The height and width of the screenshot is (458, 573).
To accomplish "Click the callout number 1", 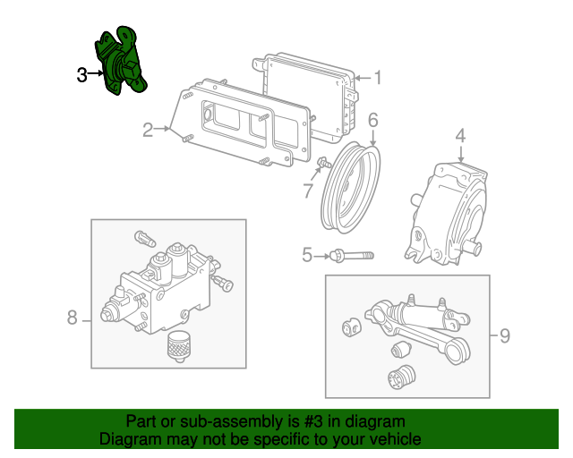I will click(x=378, y=78).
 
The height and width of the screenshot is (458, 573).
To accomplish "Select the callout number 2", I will click(x=148, y=131).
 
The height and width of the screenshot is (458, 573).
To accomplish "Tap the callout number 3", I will click(x=81, y=75).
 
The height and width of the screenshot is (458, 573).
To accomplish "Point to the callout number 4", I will click(x=460, y=136).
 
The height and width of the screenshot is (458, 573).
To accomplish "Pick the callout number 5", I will click(x=307, y=256).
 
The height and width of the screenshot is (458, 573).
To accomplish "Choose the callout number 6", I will click(x=372, y=119).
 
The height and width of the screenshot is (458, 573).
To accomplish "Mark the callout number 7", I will click(x=307, y=190).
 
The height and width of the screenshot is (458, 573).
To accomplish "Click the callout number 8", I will click(x=73, y=318).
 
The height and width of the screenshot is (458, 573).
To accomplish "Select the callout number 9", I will click(x=504, y=336).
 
